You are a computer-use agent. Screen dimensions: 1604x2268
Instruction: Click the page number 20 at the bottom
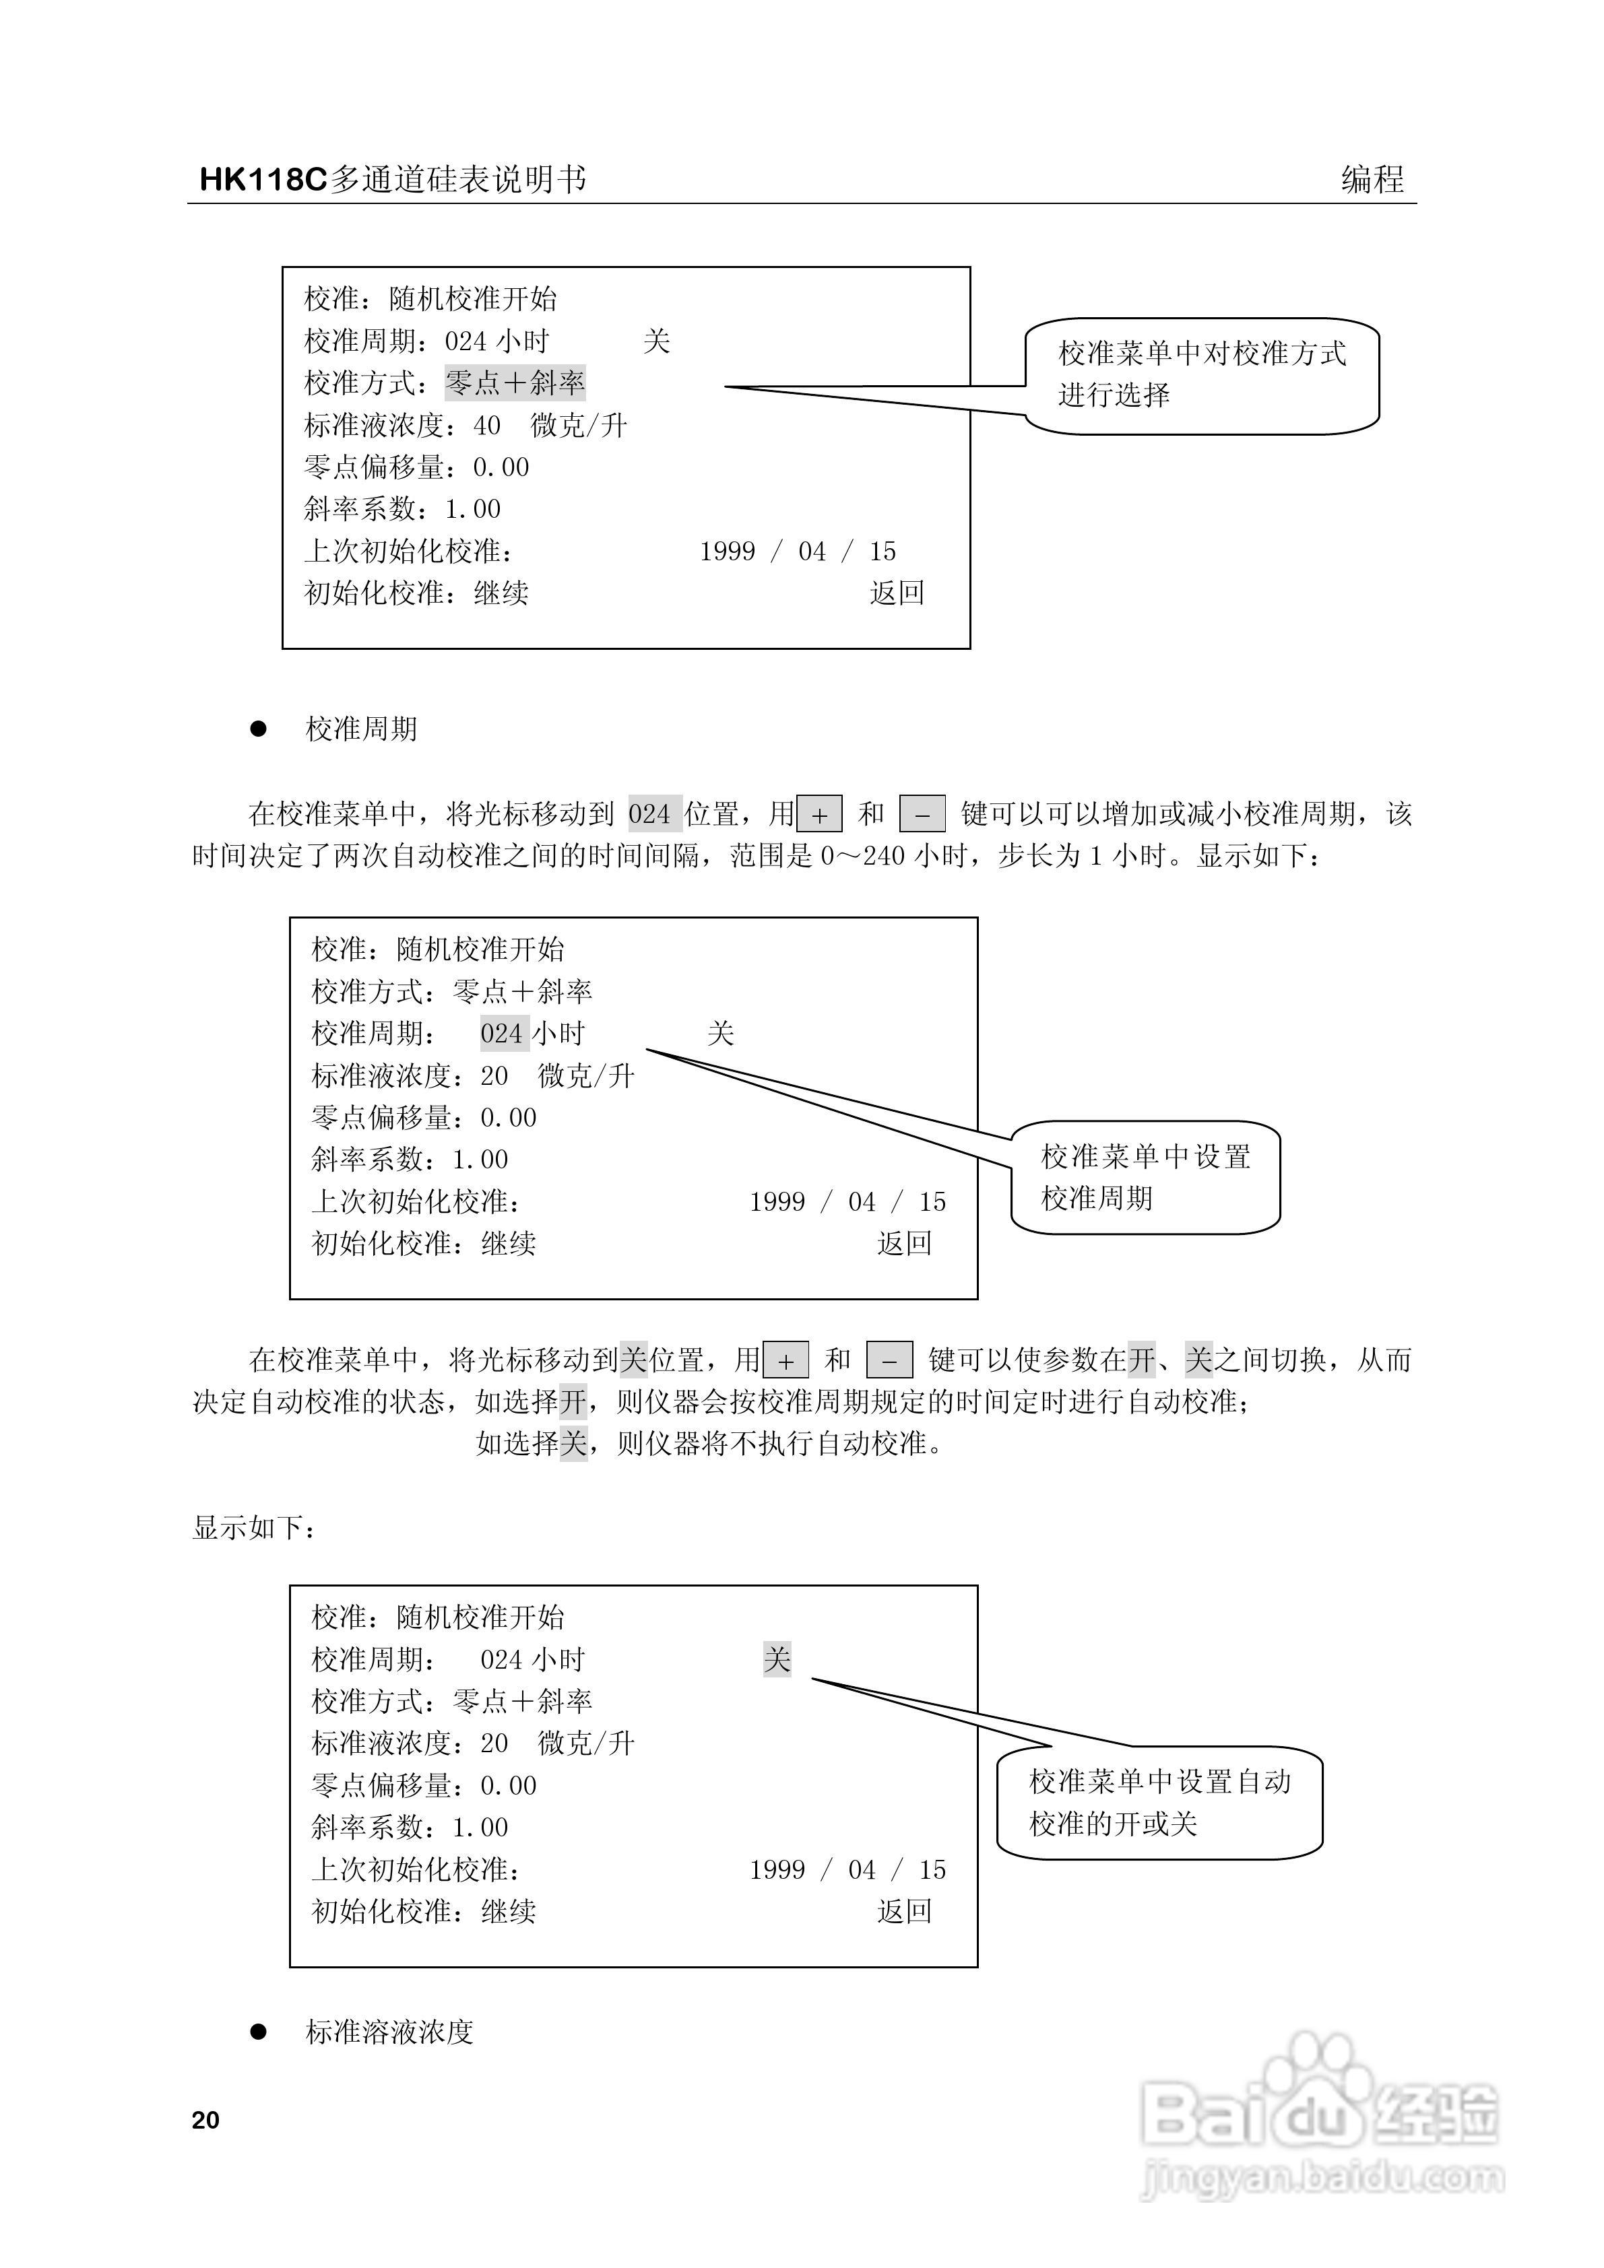tap(205, 2120)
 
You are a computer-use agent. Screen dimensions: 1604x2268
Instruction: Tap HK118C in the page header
tap(262, 179)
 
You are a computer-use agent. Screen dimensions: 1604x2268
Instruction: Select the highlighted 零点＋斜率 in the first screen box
tap(515, 382)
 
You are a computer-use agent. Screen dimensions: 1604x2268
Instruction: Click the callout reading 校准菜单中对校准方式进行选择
tap(1202, 374)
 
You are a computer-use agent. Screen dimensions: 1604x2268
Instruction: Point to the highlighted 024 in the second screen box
tap(503, 1033)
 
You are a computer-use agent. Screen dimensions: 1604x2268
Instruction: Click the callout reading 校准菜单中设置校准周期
tap(1145, 1176)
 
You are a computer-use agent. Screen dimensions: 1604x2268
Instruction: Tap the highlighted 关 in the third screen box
tap(777, 1659)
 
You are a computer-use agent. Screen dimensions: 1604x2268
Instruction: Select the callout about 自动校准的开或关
tap(1159, 1802)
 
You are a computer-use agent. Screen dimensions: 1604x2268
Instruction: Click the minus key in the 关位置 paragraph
tap(889, 1361)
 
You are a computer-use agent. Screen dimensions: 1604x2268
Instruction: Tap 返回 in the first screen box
tap(897, 593)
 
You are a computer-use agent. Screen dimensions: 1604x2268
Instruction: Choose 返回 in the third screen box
tap(904, 1911)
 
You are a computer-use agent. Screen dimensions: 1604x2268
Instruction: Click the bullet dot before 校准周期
tap(259, 729)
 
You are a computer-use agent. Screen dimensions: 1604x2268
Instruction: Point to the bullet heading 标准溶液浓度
tap(389, 2032)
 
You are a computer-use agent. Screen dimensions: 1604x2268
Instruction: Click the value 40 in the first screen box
tap(487, 425)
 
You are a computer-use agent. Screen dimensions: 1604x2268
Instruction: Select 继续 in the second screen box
tap(508, 1244)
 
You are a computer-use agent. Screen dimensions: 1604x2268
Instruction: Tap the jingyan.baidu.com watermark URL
tap(1322, 2177)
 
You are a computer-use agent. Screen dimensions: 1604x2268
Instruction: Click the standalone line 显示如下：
tap(255, 1528)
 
